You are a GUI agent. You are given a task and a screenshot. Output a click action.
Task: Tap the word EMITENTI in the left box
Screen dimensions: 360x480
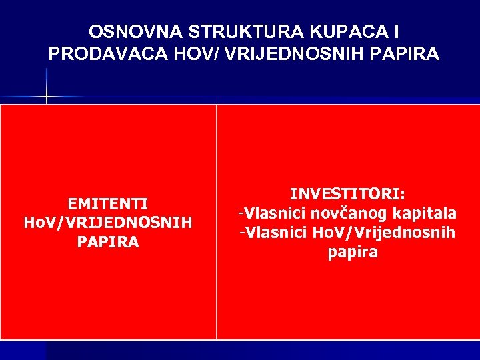[108, 203]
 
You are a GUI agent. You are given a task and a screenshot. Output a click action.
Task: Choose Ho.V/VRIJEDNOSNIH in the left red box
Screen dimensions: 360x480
[108, 222]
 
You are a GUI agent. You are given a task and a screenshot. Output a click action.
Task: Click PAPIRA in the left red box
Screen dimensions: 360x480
[108, 241]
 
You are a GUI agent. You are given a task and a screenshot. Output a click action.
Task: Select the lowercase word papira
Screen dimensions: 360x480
[353, 252]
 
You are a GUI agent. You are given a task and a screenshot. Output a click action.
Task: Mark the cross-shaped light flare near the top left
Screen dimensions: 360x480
[47, 97]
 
